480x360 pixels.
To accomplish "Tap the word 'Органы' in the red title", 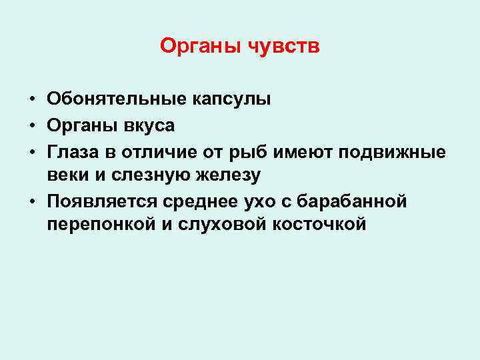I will pos(201,46).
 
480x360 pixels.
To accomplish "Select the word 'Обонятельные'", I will pos(116,99).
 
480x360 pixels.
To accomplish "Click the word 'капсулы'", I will pos(231,99).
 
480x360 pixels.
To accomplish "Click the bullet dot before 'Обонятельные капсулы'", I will pos(32,100).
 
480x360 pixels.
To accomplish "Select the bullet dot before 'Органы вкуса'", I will pos(32,125).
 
